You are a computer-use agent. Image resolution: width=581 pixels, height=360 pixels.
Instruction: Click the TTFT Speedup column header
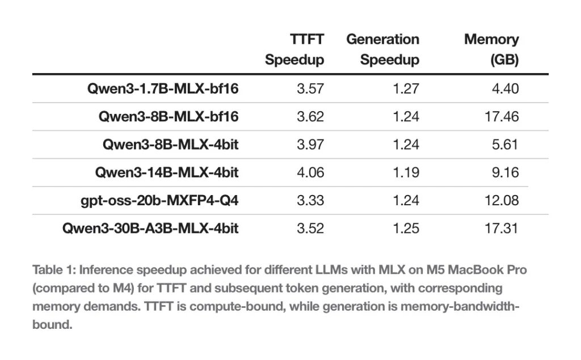tap(294, 49)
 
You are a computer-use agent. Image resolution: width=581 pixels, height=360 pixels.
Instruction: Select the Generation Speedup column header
tap(382, 49)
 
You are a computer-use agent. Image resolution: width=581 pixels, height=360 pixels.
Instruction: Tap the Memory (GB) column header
tap(491, 49)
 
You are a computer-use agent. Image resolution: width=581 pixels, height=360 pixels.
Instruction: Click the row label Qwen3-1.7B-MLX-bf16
tap(163, 88)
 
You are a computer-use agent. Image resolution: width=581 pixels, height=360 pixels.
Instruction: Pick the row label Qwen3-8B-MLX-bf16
tap(169, 116)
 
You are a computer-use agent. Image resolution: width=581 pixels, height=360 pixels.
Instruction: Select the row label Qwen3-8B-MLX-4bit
tap(170, 144)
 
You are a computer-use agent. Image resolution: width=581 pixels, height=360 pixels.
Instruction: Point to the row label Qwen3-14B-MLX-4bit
tap(167, 172)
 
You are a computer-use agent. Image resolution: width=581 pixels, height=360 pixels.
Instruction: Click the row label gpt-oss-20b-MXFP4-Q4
tap(159, 200)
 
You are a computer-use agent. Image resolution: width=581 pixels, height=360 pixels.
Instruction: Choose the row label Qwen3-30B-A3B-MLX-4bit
tap(150, 228)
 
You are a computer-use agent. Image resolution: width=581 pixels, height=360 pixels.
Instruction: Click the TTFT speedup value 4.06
tap(310, 172)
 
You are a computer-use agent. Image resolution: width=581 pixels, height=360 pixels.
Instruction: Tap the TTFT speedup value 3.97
tap(310, 144)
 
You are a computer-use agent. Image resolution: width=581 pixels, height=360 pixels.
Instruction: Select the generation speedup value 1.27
tap(406, 88)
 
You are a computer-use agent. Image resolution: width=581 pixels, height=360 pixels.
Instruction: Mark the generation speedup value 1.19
tap(406, 172)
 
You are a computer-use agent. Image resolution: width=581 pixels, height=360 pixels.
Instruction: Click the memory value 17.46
tap(502, 116)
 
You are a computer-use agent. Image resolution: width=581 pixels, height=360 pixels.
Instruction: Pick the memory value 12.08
tap(502, 200)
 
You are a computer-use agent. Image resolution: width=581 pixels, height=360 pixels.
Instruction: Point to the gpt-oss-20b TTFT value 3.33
tap(310, 200)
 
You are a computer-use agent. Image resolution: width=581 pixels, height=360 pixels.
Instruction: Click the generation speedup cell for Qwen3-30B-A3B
tap(406, 228)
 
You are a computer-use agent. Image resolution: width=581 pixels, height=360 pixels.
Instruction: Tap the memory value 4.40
tap(505, 88)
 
